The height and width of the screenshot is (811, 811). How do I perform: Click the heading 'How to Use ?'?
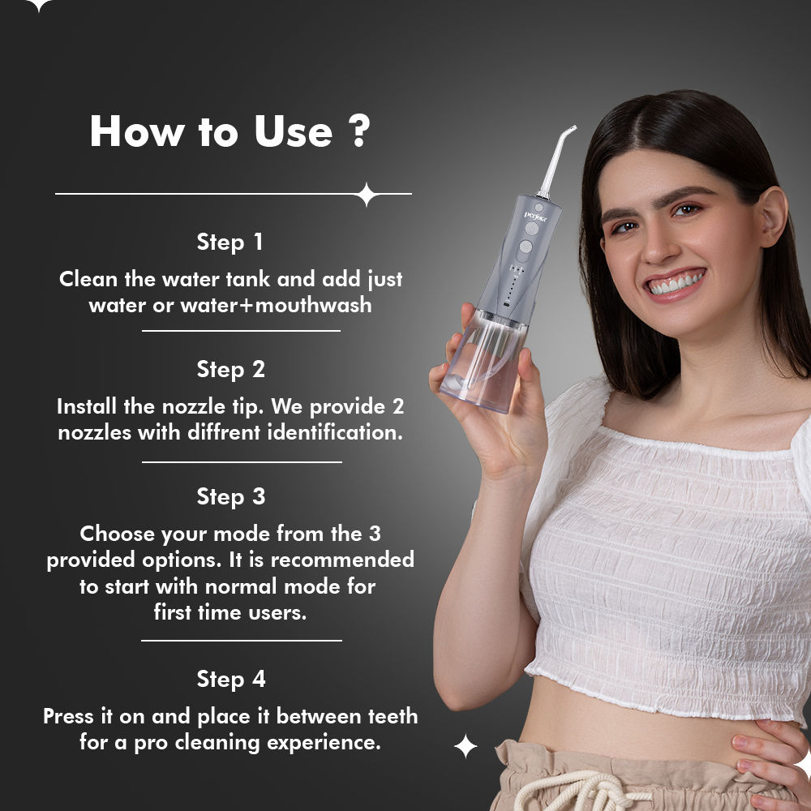coord(230,131)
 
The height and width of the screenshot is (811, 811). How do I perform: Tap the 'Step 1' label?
coord(231,242)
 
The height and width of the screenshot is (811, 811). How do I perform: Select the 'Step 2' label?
coord(231,369)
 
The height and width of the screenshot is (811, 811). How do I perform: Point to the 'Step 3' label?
coord(231,496)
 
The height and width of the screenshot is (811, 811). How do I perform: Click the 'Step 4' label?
coord(231,679)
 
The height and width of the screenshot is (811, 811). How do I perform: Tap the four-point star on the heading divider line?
coord(367,195)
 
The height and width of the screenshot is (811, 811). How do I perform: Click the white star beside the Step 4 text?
coord(466,746)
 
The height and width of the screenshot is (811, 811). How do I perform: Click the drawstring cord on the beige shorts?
coord(568,791)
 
